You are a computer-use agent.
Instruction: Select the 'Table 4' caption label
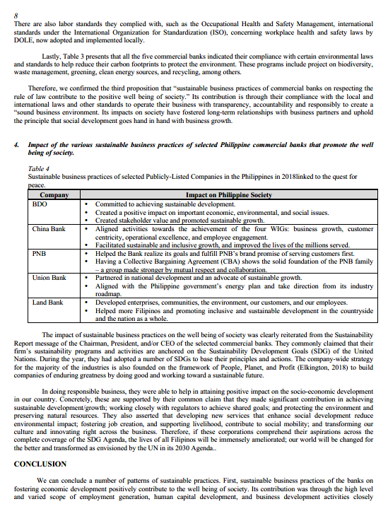pos(38,168)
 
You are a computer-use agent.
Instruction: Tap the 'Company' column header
pos(54,194)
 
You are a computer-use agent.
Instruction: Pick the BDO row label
pos(40,204)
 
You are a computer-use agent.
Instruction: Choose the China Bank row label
pos(49,229)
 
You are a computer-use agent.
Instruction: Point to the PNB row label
pos(40,252)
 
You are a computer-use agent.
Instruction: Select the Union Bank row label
pos(50,278)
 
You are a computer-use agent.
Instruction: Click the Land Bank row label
pos(48,303)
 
